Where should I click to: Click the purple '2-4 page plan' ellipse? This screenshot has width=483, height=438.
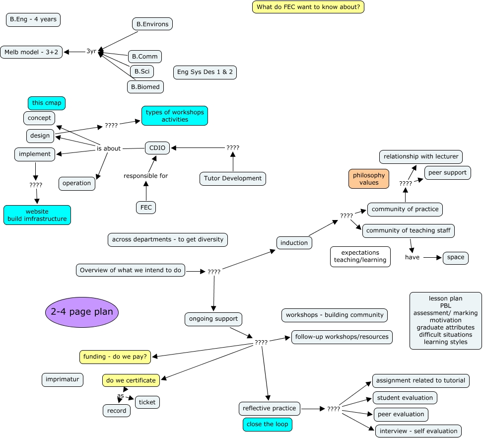[82, 312]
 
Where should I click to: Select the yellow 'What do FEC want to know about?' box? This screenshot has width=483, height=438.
[308, 7]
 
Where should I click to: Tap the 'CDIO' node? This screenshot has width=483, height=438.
[157, 147]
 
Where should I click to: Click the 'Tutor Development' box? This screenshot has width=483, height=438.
[232, 178]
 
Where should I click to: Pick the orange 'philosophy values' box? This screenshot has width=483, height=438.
[369, 179]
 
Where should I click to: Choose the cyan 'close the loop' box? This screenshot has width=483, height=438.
[267, 424]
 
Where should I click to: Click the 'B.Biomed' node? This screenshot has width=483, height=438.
[145, 87]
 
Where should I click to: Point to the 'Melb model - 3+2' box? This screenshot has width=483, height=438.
[32, 52]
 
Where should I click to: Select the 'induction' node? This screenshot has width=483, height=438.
[294, 242]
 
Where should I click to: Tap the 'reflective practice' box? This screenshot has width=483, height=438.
[269, 408]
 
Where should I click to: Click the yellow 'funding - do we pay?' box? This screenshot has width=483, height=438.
[115, 357]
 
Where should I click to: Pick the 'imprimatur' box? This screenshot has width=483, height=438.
[63, 380]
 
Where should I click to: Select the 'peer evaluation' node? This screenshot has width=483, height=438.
[401, 414]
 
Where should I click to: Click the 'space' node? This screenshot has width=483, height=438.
[455, 258]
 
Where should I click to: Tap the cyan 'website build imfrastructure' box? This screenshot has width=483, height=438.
[37, 215]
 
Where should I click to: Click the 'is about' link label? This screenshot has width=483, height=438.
[108, 148]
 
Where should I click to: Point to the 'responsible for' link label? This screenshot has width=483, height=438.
[146, 176]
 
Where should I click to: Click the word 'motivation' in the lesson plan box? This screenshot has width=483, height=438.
[445, 320]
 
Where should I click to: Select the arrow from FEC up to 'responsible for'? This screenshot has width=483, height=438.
[146, 191]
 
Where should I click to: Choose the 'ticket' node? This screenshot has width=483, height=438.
[147, 402]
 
